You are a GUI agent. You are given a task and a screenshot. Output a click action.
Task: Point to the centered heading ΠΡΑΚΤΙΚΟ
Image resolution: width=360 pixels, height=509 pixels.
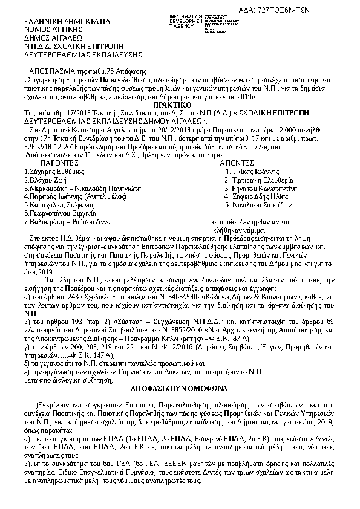(180, 105)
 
